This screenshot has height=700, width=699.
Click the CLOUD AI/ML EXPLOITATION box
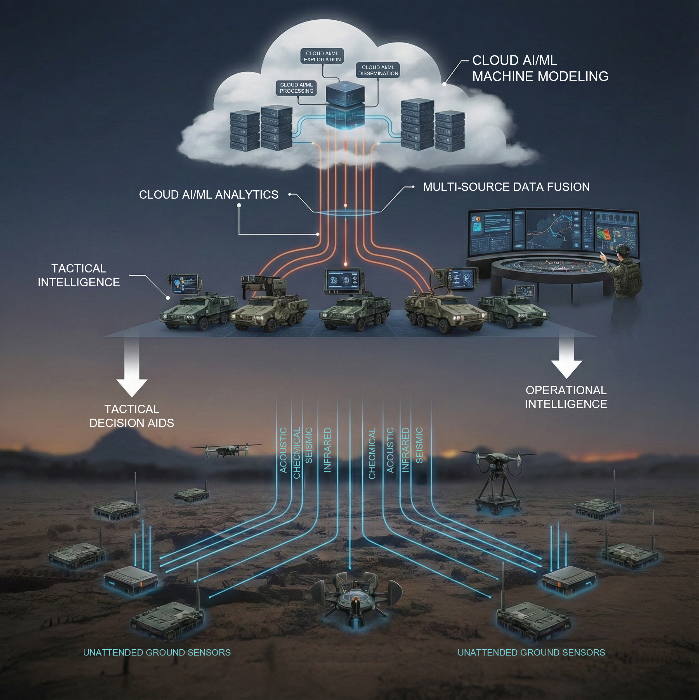(x=322, y=57)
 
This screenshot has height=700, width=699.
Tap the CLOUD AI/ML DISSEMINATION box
(x=378, y=70)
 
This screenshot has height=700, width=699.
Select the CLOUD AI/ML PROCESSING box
(x=296, y=88)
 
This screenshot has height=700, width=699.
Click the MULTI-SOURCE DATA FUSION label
(x=506, y=187)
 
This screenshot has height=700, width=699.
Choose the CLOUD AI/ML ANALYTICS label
(x=209, y=195)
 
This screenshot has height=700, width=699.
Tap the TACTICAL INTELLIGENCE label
(x=79, y=275)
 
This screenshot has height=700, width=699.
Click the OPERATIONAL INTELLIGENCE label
(x=566, y=397)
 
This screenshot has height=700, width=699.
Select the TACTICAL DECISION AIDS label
(x=131, y=416)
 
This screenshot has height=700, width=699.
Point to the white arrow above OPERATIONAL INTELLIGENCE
(x=566, y=357)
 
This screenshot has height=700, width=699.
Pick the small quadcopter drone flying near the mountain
(x=225, y=450)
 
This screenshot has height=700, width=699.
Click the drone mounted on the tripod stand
(x=499, y=478)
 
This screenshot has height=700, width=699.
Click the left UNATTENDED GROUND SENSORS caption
(x=157, y=652)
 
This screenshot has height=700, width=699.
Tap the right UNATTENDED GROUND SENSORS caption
(x=531, y=652)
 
